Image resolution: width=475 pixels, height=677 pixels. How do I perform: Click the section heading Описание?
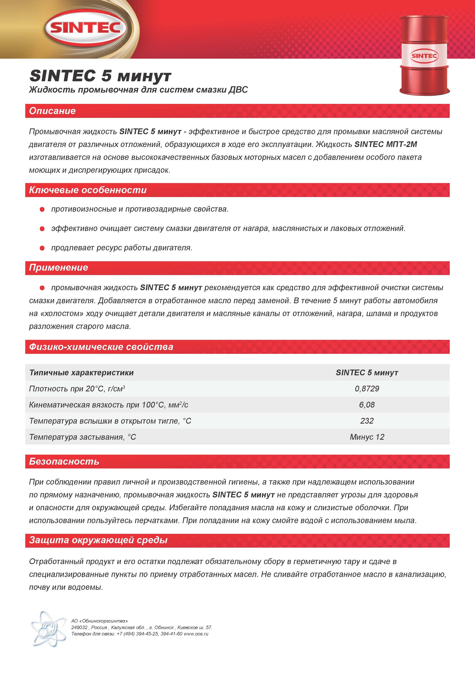(x=52, y=111)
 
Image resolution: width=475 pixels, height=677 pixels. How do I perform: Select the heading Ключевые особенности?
(x=88, y=190)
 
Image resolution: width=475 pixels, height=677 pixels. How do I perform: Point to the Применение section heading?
(x=59, y=267)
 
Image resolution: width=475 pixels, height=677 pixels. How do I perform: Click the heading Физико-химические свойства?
(x=101, y=347)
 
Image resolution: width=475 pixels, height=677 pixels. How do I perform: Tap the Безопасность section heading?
(x=64, y=461)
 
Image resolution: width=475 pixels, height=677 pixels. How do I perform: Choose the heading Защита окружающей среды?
(x=98, y=540)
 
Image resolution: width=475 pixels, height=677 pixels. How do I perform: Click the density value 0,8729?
(x=367, y=389)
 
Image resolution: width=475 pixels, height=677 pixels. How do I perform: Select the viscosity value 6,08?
(x=367, y=405)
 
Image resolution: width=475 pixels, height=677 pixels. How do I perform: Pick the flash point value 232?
(x=367, y=421)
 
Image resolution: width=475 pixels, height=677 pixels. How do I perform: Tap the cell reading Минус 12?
(x=367, y=437)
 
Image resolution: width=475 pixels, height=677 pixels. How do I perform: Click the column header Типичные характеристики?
(x=81, y=373)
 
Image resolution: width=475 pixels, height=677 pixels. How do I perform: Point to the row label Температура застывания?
(x=83, y=437)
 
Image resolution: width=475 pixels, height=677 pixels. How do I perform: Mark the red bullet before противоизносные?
(x=42, y=209)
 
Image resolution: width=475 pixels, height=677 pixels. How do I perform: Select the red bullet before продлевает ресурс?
(x=42, y=248)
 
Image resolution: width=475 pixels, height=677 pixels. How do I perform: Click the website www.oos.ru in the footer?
(x=196, y=634)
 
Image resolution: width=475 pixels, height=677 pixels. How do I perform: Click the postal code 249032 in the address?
(x=79, y=628)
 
